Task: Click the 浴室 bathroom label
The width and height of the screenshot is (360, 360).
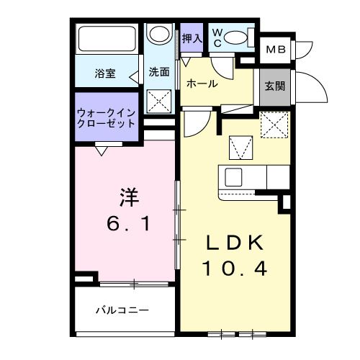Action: click(106, 73)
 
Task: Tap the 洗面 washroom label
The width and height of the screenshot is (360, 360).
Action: click(159, 72)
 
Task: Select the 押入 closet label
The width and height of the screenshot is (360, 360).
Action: click(191, 38)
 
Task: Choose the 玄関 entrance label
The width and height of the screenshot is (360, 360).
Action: click(274, 87)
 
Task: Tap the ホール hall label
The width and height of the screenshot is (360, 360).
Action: click(202, 84)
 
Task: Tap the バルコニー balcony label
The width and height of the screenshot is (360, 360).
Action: click(122, 311)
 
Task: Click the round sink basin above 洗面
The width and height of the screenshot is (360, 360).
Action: click(158, 35)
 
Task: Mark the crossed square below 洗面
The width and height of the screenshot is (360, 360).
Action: click(159, 100)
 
